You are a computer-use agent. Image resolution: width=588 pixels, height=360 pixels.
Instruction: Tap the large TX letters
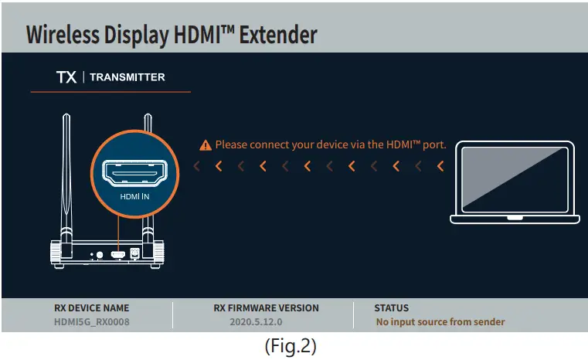pyautogui.click(x=66, y=77)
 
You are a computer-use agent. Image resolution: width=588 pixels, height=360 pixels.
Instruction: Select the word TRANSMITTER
pyautogui.click(x=127, y=77)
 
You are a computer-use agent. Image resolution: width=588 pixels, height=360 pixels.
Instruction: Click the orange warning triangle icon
pyautogui.click(x=205, y=144)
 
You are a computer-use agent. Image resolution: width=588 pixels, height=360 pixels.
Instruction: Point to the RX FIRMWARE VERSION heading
pyautogui.click(x=266, y=307)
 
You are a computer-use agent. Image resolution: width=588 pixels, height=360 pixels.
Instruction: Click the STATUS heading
pyautogui.click(x=392, y=307)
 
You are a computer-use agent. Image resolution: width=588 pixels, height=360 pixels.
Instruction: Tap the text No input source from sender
pyautogui.click(x=440, y=321)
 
